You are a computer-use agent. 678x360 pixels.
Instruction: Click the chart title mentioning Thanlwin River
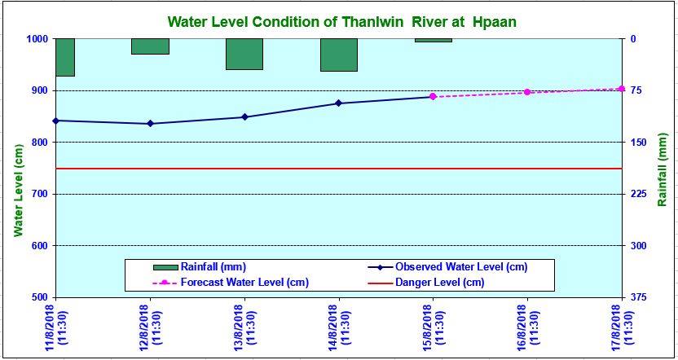(341, 21)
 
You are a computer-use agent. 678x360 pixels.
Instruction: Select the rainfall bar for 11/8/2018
(64, 57)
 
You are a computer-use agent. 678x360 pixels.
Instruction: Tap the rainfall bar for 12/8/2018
(150, 46)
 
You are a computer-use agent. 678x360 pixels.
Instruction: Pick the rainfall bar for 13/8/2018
(244, 54)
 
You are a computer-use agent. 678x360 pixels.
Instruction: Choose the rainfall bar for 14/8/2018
(339, 55)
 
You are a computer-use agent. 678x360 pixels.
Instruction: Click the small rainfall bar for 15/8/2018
(433, 40)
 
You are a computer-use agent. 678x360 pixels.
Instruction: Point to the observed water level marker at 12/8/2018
(150, 124)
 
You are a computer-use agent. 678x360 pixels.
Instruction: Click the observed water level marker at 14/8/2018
(339, 103)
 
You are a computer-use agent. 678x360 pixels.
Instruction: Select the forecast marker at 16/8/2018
(527, 92)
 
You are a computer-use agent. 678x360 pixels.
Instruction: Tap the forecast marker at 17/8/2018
(621, 89)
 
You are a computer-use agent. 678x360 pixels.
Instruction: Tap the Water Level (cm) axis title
(18, 192)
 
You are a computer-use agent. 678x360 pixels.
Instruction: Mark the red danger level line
(326, 169)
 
